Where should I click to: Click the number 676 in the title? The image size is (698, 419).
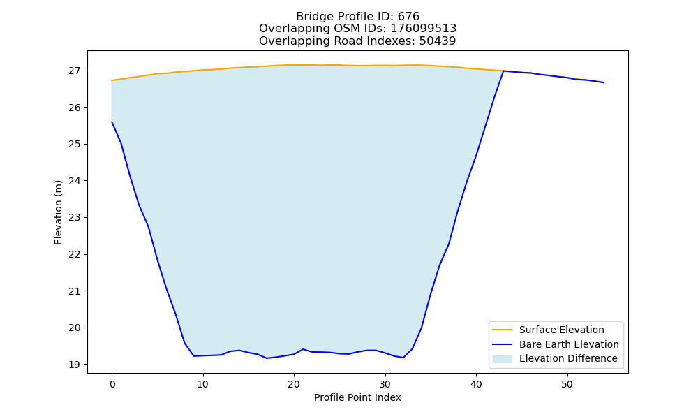[408, 17]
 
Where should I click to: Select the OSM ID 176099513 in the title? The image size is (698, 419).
[424, 29]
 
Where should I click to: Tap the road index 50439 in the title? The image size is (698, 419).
[438, 41]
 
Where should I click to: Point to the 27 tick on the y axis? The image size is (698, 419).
[75, 71]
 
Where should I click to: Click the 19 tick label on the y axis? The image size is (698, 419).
[75, 365]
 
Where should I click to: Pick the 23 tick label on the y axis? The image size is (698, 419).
[75, 218]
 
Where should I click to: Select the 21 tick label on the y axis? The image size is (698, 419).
[75, 291]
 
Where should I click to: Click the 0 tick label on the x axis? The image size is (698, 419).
[112, 384]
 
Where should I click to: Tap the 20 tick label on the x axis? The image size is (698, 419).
[294, 384]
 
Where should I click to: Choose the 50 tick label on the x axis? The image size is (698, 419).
[567, 384]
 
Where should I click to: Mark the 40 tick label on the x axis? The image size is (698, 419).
[476, 384]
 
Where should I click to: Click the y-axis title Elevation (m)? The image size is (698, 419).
[58, 212]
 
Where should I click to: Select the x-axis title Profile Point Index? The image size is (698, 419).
[357, 397]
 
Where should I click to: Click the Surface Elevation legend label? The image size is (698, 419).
[562, 330]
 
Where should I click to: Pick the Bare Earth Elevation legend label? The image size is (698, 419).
[569, 344]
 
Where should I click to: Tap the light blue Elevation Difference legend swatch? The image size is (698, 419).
[502, 359]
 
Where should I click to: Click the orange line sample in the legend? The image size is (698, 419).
[502, 330]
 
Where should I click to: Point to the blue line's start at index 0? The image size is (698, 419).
[112, 122]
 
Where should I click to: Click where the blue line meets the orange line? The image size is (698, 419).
[503, 71]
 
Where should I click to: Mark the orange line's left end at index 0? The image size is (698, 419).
[112, 80]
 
